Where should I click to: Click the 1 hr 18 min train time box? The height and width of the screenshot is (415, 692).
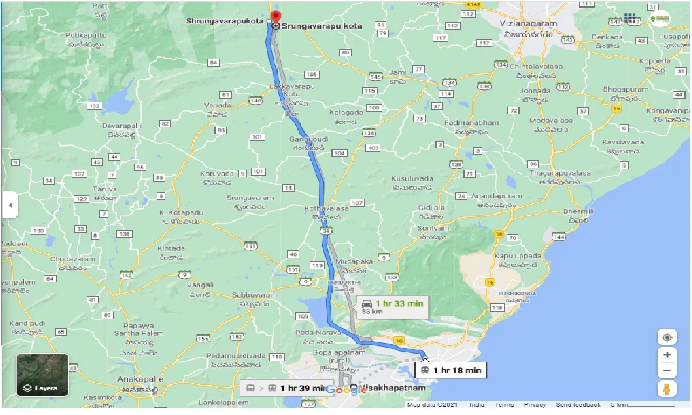450,370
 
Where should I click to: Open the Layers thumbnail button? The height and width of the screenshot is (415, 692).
43,375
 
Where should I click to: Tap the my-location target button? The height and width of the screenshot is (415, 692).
667,338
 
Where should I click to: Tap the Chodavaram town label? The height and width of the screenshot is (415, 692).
73,259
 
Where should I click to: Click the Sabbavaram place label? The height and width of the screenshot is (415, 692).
254,295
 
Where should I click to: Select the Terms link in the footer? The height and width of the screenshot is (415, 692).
504,405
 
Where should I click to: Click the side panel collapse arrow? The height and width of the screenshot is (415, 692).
10,205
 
